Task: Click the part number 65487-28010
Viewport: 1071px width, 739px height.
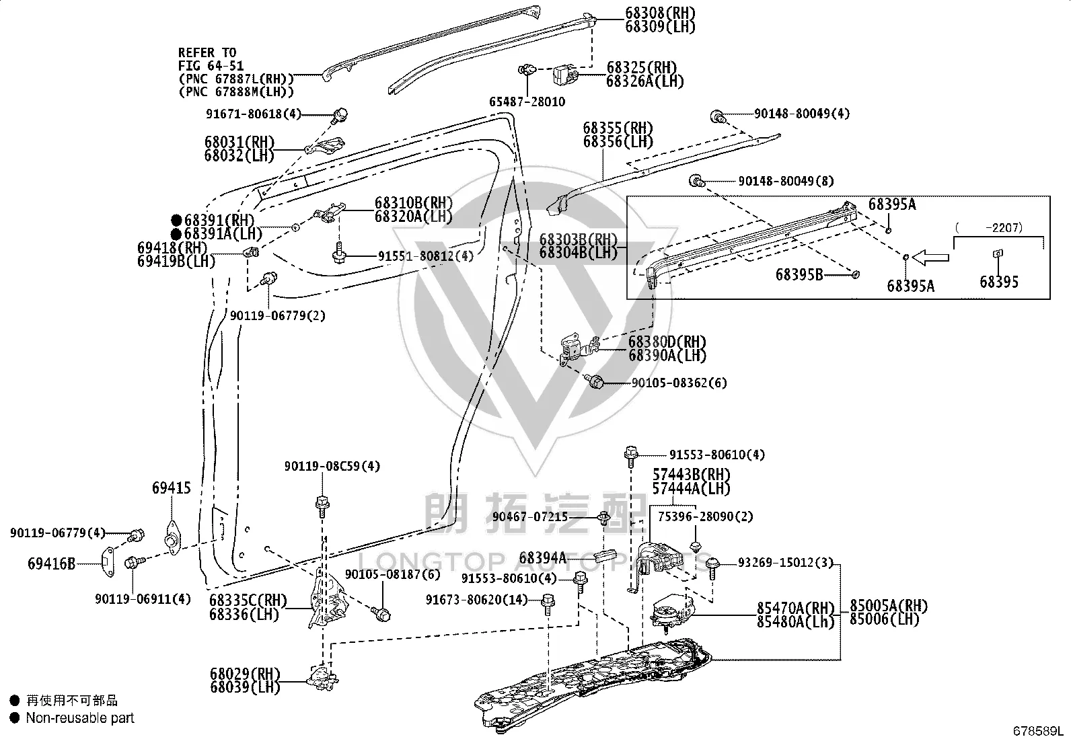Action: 527,102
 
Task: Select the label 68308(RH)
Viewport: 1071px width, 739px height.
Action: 660,13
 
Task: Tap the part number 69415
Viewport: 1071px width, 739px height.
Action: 171,488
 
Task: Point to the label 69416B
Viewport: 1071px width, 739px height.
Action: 51,564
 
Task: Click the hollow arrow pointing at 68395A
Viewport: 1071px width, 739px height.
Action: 930,257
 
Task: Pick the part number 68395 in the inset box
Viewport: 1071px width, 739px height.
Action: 999,282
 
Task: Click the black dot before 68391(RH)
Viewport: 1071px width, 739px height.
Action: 177,220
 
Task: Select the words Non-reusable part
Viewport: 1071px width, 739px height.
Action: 80,717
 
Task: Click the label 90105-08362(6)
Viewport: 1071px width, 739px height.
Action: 679,383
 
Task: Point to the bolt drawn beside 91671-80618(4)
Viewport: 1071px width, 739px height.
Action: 340,115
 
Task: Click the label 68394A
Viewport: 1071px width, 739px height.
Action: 543,558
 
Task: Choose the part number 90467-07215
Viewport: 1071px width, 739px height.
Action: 530,516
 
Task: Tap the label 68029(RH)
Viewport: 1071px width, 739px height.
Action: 245,674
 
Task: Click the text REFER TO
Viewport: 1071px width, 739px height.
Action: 207,52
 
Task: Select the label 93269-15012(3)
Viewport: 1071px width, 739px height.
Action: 786,563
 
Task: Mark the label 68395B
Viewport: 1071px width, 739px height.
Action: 799,275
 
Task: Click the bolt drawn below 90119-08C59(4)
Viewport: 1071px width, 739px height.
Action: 323,506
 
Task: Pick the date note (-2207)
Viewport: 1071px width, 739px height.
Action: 989,227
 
